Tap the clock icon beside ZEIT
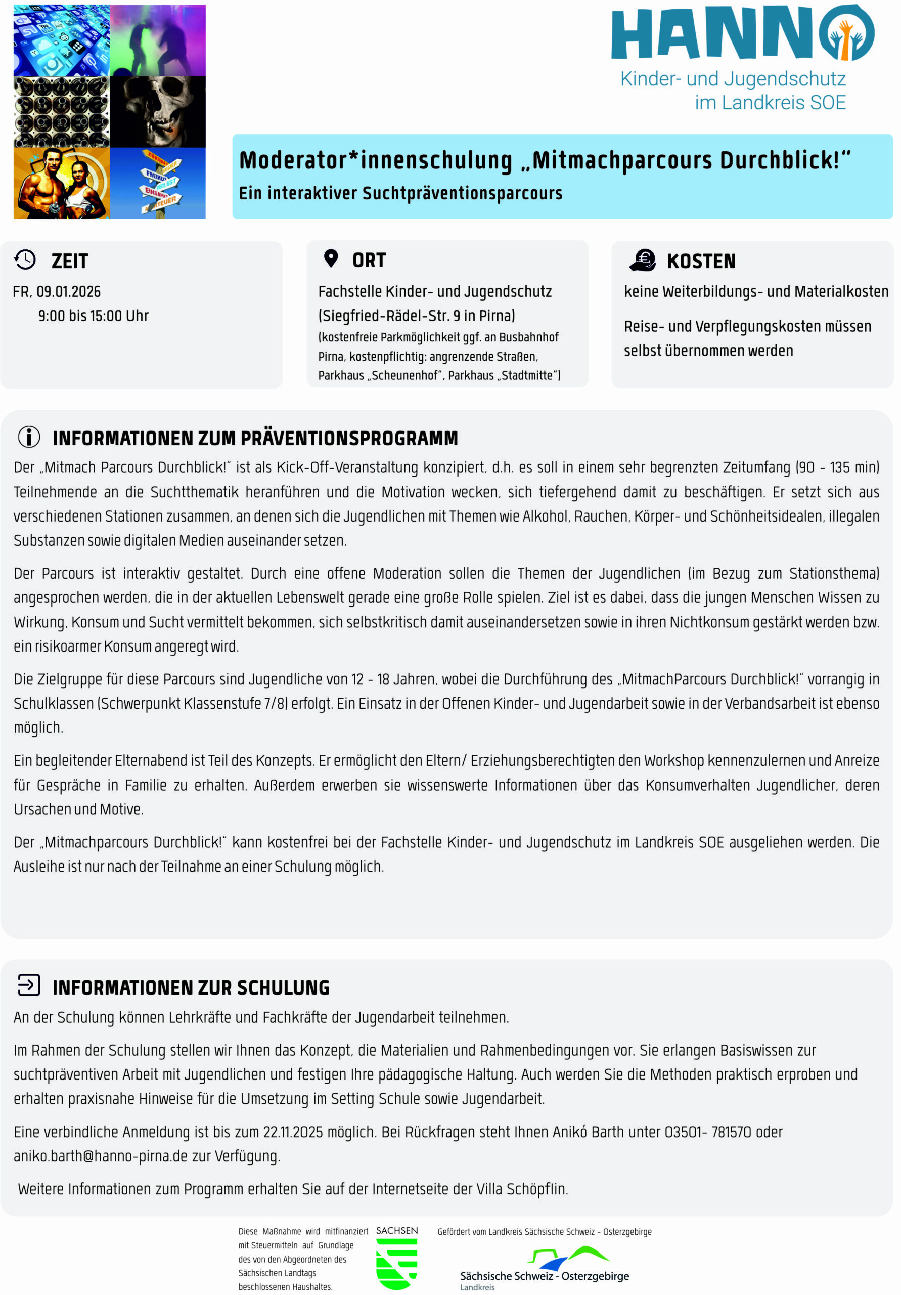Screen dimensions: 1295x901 pos(25,260)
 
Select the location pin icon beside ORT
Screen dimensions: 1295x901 pos(331,258)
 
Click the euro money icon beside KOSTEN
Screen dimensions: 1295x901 pos(643,260)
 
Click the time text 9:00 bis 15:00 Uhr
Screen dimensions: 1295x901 pos(94,316)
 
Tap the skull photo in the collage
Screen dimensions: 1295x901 pos(158,111)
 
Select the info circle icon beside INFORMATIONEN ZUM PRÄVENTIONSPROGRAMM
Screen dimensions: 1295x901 pos(29,437)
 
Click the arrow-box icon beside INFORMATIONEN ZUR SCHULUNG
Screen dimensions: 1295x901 pos(29,985)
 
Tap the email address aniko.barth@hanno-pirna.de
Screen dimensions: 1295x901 pos(100,1156)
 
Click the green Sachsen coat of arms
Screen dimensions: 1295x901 pos(396,1264)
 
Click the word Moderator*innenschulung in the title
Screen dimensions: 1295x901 pos(376,160)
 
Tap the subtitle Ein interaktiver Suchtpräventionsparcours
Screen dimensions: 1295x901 pos(400,193)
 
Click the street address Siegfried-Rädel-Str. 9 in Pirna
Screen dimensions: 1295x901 pos(416,316)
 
